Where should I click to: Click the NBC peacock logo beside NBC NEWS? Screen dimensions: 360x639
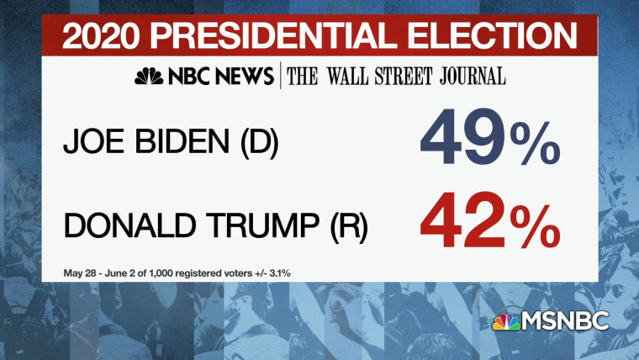click(150, 77)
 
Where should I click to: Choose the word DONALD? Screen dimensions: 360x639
click(119, 228)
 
